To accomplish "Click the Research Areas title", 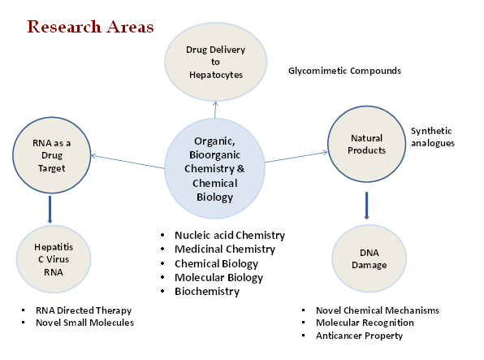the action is click(x=90, y=27).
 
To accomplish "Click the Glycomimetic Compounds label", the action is click(x=344, y=71).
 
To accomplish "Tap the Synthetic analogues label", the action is click(x=433, y=137).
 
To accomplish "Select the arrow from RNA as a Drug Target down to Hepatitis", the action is click(x=50, y=209).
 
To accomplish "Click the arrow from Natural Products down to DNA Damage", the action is click(x=366, y=206).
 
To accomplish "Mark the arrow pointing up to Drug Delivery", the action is click(x=215, y=110).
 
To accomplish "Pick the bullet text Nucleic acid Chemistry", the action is click(x=230, y=236).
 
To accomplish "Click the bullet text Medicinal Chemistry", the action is click(x=225, y=249).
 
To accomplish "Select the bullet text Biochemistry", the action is click(x=207, y=292).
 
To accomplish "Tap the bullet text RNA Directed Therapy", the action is click(x=84, y=310).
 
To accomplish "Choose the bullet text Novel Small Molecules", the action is click(x=85, y=323).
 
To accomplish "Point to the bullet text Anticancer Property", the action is click(x=359, y=336).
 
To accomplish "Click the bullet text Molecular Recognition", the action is click(x=365, y=323).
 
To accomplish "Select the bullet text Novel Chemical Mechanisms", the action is click(x=378, y=310).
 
